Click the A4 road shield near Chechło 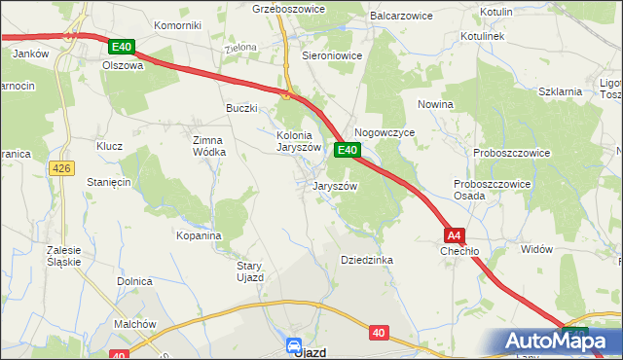pos(454,235)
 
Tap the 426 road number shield pos(60,169)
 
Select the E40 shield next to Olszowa pos(122,47)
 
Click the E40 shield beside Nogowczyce pos(348,150)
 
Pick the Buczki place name pos(241,108)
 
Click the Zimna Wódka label pos(209,146)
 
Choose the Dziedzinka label pos(366,260)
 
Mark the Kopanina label pos(199,235)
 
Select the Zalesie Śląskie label pos(63,256)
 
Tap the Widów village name pos(536,249)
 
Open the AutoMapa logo pos(555,341)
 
